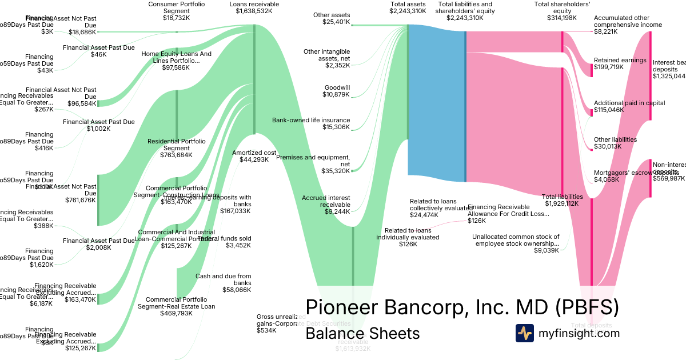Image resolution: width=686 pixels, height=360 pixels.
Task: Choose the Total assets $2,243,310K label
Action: coord(408,7)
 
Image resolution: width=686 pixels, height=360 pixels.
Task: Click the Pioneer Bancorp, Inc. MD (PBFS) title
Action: coord(462,307)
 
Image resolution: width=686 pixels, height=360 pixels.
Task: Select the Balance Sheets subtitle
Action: coord(362,334)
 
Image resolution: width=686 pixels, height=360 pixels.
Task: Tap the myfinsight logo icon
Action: coord(524,333)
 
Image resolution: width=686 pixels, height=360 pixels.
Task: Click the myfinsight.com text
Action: coord(579,333)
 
